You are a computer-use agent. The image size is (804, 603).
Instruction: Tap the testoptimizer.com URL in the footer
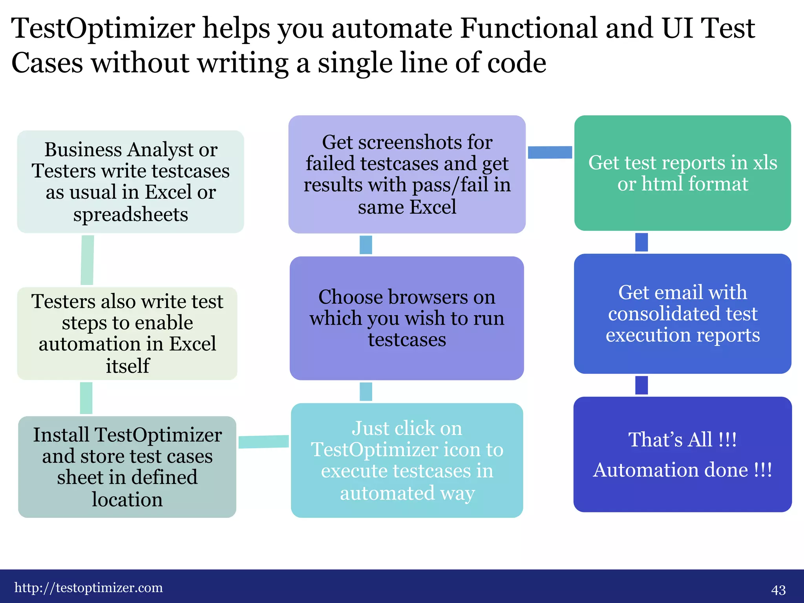[x=89, y=588]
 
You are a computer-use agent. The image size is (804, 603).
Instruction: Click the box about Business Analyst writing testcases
[x=131, y=182]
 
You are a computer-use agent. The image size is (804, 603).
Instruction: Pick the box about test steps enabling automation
[x=128, y=333]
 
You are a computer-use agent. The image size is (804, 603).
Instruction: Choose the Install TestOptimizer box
[x=127, y=467]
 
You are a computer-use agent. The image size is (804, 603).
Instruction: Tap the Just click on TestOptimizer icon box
[x=407, y=460]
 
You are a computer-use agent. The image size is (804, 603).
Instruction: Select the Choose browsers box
[x=407, y=318]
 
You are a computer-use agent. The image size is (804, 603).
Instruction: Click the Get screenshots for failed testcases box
[x=407, y=174]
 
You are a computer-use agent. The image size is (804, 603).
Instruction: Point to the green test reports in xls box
[x=682, y=173]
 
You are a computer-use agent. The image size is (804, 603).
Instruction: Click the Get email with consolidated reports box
[x=682, y=313]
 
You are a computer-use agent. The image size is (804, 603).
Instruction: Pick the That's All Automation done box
[x=682, y=454]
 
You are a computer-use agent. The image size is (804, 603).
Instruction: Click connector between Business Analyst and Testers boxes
[x=87, y=260]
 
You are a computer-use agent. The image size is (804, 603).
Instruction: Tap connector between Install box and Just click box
[x=263, y=442]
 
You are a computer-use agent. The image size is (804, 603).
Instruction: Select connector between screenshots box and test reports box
[x=550, y=152]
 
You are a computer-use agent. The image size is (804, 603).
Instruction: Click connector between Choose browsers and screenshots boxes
[x=366, y=245]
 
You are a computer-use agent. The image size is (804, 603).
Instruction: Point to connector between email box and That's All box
[x=641, y=385]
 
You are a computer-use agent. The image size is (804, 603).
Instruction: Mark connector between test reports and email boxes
[x=641, y=242]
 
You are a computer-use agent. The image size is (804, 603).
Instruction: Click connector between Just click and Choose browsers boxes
[x=366, y=392]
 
